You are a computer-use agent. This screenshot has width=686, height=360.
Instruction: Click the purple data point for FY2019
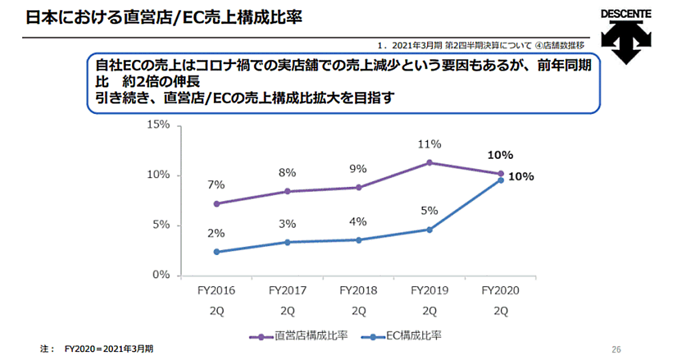[x=429, y=163]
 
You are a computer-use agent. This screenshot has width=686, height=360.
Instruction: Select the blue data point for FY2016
[x=217, y=251]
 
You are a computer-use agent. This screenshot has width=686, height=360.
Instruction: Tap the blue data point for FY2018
[x=358, y=240]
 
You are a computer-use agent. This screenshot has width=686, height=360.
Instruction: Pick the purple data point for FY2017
[x=288, y=191]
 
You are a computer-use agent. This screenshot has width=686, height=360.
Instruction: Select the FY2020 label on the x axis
[x=500, y=290]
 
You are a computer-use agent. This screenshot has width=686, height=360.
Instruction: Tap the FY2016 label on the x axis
[x=217, y=290]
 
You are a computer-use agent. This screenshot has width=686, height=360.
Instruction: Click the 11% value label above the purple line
[x=429, y=144]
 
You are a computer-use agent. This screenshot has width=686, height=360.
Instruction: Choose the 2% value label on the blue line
[x=217, y=233]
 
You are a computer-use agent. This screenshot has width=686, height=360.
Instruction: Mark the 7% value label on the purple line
[x=217, y=185]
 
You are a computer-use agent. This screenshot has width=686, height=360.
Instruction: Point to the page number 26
[x=616, y=349]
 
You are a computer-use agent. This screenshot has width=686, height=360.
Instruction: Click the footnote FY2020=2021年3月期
[x=109, y=347]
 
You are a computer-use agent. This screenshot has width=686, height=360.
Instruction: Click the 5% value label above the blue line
[x=429, y=210]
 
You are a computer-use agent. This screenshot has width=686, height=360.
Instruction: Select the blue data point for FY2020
[x=501, y=180]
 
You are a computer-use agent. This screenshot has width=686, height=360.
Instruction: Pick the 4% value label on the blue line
[x=358, y=222]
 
